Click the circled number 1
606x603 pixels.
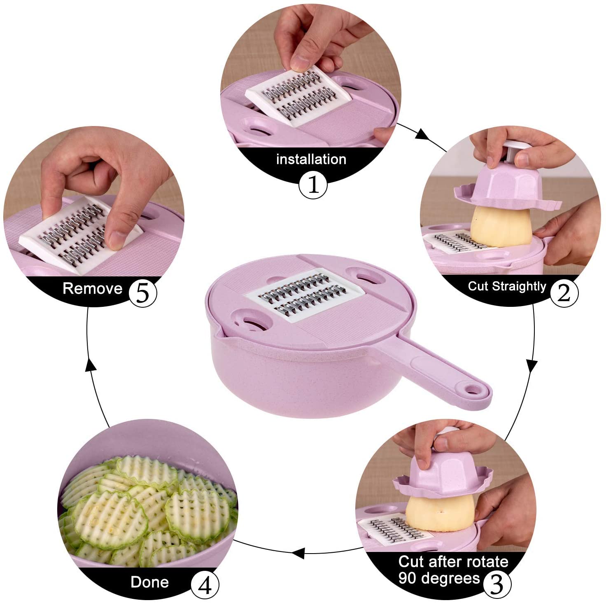click(313, 185)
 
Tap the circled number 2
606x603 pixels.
click(564, 293)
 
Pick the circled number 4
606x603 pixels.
click(205, 585)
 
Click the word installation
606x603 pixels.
click(311, 159)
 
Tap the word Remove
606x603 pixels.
click(92, 288)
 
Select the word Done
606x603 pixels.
click(149, 582)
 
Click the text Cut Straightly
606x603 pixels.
click(507, 286)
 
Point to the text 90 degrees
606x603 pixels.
click(439, 578)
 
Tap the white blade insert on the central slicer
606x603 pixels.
click(305, 295)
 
